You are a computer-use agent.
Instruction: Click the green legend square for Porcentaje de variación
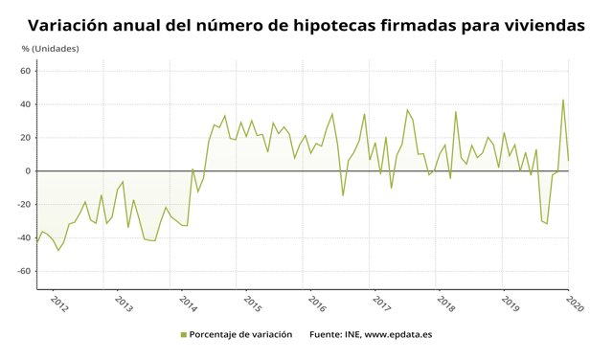point(183,334)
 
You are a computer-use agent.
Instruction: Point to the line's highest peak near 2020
point(563,100)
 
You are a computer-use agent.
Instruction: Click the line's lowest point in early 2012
point(58,251)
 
